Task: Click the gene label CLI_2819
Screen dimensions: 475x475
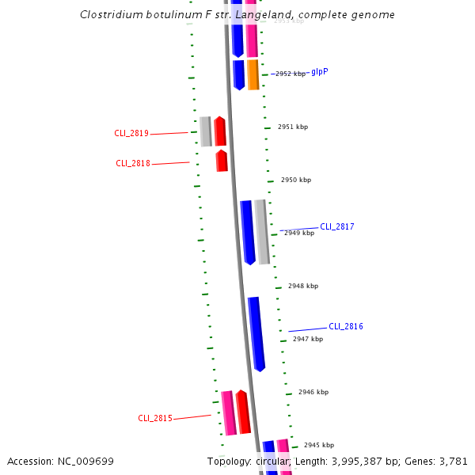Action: click(131, 134)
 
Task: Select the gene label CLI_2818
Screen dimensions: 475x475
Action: click(133, 164)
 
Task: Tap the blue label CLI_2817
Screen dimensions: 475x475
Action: click(336, 227)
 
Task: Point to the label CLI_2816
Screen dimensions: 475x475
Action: click(346, 327)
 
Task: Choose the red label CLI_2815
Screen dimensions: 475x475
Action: click(155, 419)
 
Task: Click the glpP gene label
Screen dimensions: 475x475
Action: click(320, 71)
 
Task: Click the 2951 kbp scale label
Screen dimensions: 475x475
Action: click(293, 127)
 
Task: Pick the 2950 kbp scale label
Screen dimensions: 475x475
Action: click(296, 180)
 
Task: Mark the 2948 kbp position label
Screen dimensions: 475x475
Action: click(302, 286)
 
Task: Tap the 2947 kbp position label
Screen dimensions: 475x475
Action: click(308, 339)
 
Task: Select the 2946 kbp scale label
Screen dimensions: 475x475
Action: click(313, 393)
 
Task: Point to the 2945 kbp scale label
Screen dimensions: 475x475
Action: click(319, 445)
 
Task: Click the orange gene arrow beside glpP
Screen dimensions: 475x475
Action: click(253, 74)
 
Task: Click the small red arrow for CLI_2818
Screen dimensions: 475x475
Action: click(222, 161)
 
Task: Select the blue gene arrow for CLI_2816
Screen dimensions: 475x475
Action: click(256, 333)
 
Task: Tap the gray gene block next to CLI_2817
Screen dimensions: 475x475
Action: click(262, 232)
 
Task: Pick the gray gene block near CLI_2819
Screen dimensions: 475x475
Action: click(206, 131)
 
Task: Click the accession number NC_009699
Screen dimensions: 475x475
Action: click(85, 462)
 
